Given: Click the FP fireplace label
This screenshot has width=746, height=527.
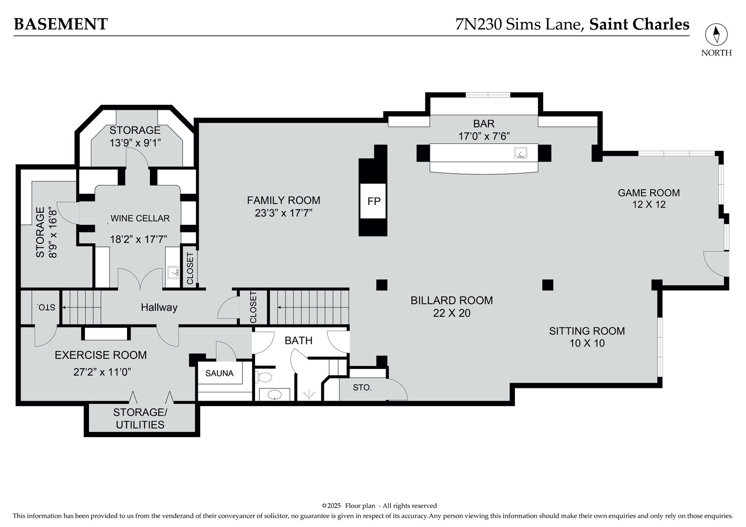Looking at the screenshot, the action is pos(374,201).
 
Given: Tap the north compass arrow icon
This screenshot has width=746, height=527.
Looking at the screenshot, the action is pos(716,35).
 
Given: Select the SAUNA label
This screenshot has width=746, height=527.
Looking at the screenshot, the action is pos(219,373).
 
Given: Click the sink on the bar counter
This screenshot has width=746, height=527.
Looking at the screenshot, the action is pos(520,153).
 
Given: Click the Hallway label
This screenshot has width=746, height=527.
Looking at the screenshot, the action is pos(159,307).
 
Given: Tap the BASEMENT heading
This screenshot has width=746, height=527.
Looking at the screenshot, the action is pos(61,24).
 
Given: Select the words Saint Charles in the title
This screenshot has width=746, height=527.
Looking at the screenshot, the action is pos(639,24).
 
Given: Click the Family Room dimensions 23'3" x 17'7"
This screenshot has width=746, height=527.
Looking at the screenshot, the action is pos(283,213).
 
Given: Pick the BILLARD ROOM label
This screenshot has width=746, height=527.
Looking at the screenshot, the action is pos(451,301).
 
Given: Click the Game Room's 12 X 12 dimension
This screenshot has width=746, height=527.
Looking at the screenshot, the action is pos(649,204).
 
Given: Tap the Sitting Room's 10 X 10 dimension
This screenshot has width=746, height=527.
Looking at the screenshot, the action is pos(587,343).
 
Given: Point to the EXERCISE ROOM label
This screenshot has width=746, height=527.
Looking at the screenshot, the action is pos(101,355).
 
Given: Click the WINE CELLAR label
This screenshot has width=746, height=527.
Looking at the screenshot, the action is pos(140,218).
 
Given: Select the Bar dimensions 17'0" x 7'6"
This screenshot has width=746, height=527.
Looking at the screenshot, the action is pos(484,136).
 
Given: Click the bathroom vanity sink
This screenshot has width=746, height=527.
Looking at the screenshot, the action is pos(275,395).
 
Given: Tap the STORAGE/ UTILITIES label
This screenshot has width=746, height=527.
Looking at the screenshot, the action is pos(140,418).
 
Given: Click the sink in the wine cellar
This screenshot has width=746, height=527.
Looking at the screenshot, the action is pos(173,272).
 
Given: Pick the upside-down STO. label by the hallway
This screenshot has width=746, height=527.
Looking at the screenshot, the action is pos(46,307).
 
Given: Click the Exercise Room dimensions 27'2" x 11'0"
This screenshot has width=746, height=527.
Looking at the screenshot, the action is pos(102,372).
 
